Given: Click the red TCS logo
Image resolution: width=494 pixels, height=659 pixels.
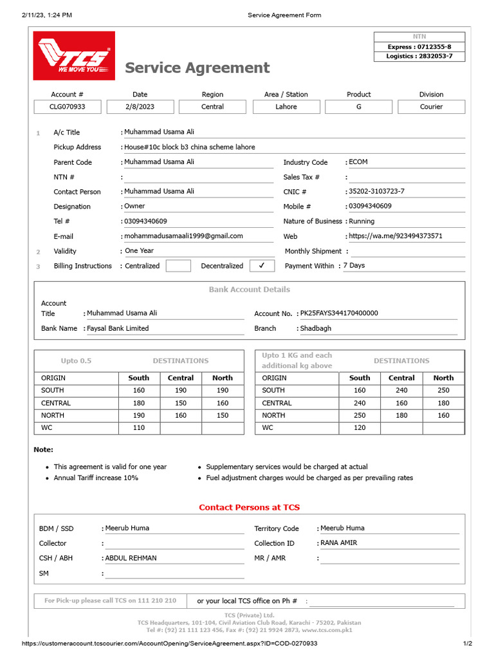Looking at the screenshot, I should click(x=75, y=56).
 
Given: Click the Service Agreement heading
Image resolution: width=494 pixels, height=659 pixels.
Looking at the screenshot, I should click(x=197, y=68).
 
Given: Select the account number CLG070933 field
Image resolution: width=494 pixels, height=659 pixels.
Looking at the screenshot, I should click(x=68, y=107).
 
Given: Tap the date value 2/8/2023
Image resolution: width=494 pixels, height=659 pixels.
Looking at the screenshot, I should click(x=140, y=107).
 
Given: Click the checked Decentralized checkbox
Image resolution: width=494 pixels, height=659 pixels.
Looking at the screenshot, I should click(x=261, y=265).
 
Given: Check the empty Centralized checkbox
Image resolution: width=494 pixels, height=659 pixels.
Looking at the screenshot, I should click(x=178, y=265).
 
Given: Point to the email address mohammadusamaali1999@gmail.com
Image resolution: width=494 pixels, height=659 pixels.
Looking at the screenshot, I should click(x=183, y=236).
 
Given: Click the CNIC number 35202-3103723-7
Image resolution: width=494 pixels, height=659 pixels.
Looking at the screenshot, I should click(x=376, y=191).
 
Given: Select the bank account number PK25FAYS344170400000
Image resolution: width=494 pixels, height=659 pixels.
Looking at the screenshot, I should click(x=339, y=313).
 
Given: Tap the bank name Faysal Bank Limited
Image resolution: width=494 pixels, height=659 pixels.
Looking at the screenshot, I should click(x=118, y=328).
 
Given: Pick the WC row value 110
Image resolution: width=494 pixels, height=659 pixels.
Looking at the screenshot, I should click(x=139, y=427).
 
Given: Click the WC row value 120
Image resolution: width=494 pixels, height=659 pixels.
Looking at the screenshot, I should click(x=360, y=427).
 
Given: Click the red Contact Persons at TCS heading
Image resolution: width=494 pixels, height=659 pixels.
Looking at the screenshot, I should click(x=250, y=507).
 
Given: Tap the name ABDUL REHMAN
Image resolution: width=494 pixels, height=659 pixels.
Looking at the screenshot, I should click(x=131, y=558).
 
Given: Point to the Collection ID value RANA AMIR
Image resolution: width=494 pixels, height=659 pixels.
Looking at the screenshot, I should click(x=338, y=543).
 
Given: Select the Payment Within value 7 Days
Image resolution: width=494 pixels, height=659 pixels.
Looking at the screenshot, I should click(x=354, y=265).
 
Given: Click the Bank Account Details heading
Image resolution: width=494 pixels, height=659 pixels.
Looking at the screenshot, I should click(x=250, y=290).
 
